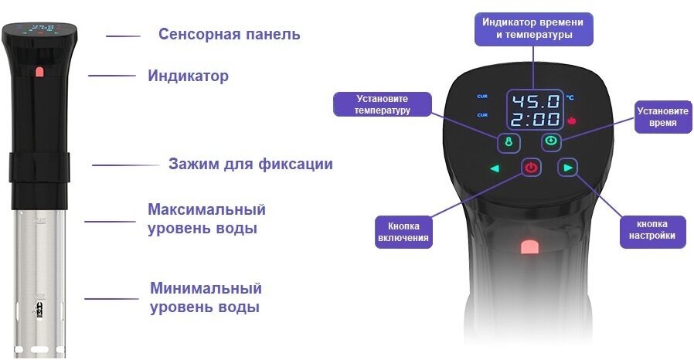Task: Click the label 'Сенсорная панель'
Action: (229, 35)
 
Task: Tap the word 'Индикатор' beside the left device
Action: (188, 76)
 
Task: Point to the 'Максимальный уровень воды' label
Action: (206, 219)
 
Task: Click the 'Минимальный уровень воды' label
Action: (206, 297)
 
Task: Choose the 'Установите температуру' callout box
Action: (371, 104)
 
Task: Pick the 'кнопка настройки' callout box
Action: (652, 231)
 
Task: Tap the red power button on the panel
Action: (531, 167)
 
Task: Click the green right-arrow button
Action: (569, 167)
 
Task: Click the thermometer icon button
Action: (509, 142)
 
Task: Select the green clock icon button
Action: (550, 141)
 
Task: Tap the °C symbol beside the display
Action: (570, 98)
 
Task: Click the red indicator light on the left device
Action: (39, 73)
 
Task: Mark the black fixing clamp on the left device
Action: (39, 165)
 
